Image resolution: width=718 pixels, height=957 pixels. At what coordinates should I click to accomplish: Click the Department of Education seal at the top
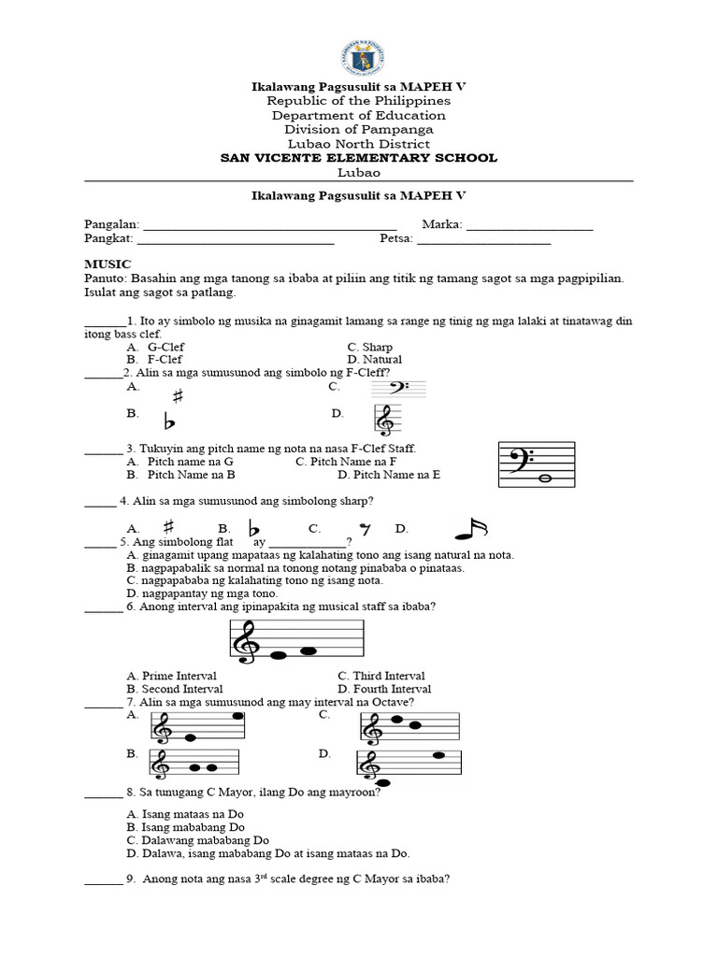click(359, 50)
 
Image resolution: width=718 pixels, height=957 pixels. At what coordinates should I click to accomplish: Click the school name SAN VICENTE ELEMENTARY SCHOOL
click(359, 158)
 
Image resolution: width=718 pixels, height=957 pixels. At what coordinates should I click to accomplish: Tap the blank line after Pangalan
click(269, 226)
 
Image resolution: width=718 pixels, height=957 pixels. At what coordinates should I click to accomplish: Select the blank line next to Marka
click(529, 226)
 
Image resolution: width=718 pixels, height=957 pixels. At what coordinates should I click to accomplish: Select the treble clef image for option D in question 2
click(385, 421)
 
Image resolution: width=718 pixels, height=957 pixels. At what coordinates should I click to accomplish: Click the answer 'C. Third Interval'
click(381, 676)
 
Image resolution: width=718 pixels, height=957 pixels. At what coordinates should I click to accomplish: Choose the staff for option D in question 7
click(409, 764)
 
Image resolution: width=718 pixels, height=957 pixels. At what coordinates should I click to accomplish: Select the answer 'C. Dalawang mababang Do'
click(197, 840)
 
